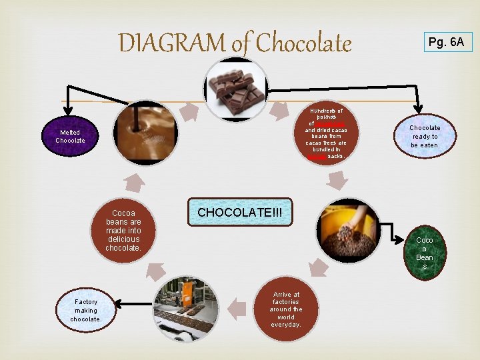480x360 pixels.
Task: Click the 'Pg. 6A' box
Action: (446, 43)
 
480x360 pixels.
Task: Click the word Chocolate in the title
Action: (303, 43)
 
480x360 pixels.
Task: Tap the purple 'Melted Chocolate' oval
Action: (70, 137)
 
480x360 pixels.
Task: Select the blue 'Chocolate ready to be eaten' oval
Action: (425, 136)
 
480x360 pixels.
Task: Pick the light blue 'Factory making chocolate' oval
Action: (86, 310)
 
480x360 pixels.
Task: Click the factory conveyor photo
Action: (186, 308)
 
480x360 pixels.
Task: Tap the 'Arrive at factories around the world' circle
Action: (286, 309)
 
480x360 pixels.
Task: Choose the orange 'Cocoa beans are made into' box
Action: (123, 231)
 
